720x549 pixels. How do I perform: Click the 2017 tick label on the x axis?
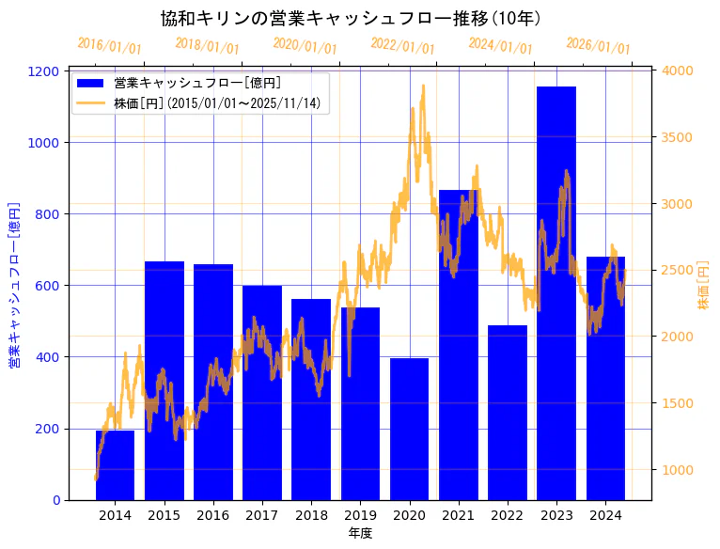tap(261, 515)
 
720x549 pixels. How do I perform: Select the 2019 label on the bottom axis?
tap(360, 515)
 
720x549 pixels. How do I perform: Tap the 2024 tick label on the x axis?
tap(605, 515)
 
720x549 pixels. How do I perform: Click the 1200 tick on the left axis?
tap(50, 71)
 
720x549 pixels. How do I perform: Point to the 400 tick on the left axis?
tap(53, 357)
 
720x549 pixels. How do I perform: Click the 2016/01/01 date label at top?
tap(110, 46)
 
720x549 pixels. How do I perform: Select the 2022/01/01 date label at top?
tap(403, 46)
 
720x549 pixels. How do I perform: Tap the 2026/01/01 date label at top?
tap(599, 46)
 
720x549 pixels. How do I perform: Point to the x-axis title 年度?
tap(360, 533)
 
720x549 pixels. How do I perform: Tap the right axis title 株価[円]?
tap(704, 286)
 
